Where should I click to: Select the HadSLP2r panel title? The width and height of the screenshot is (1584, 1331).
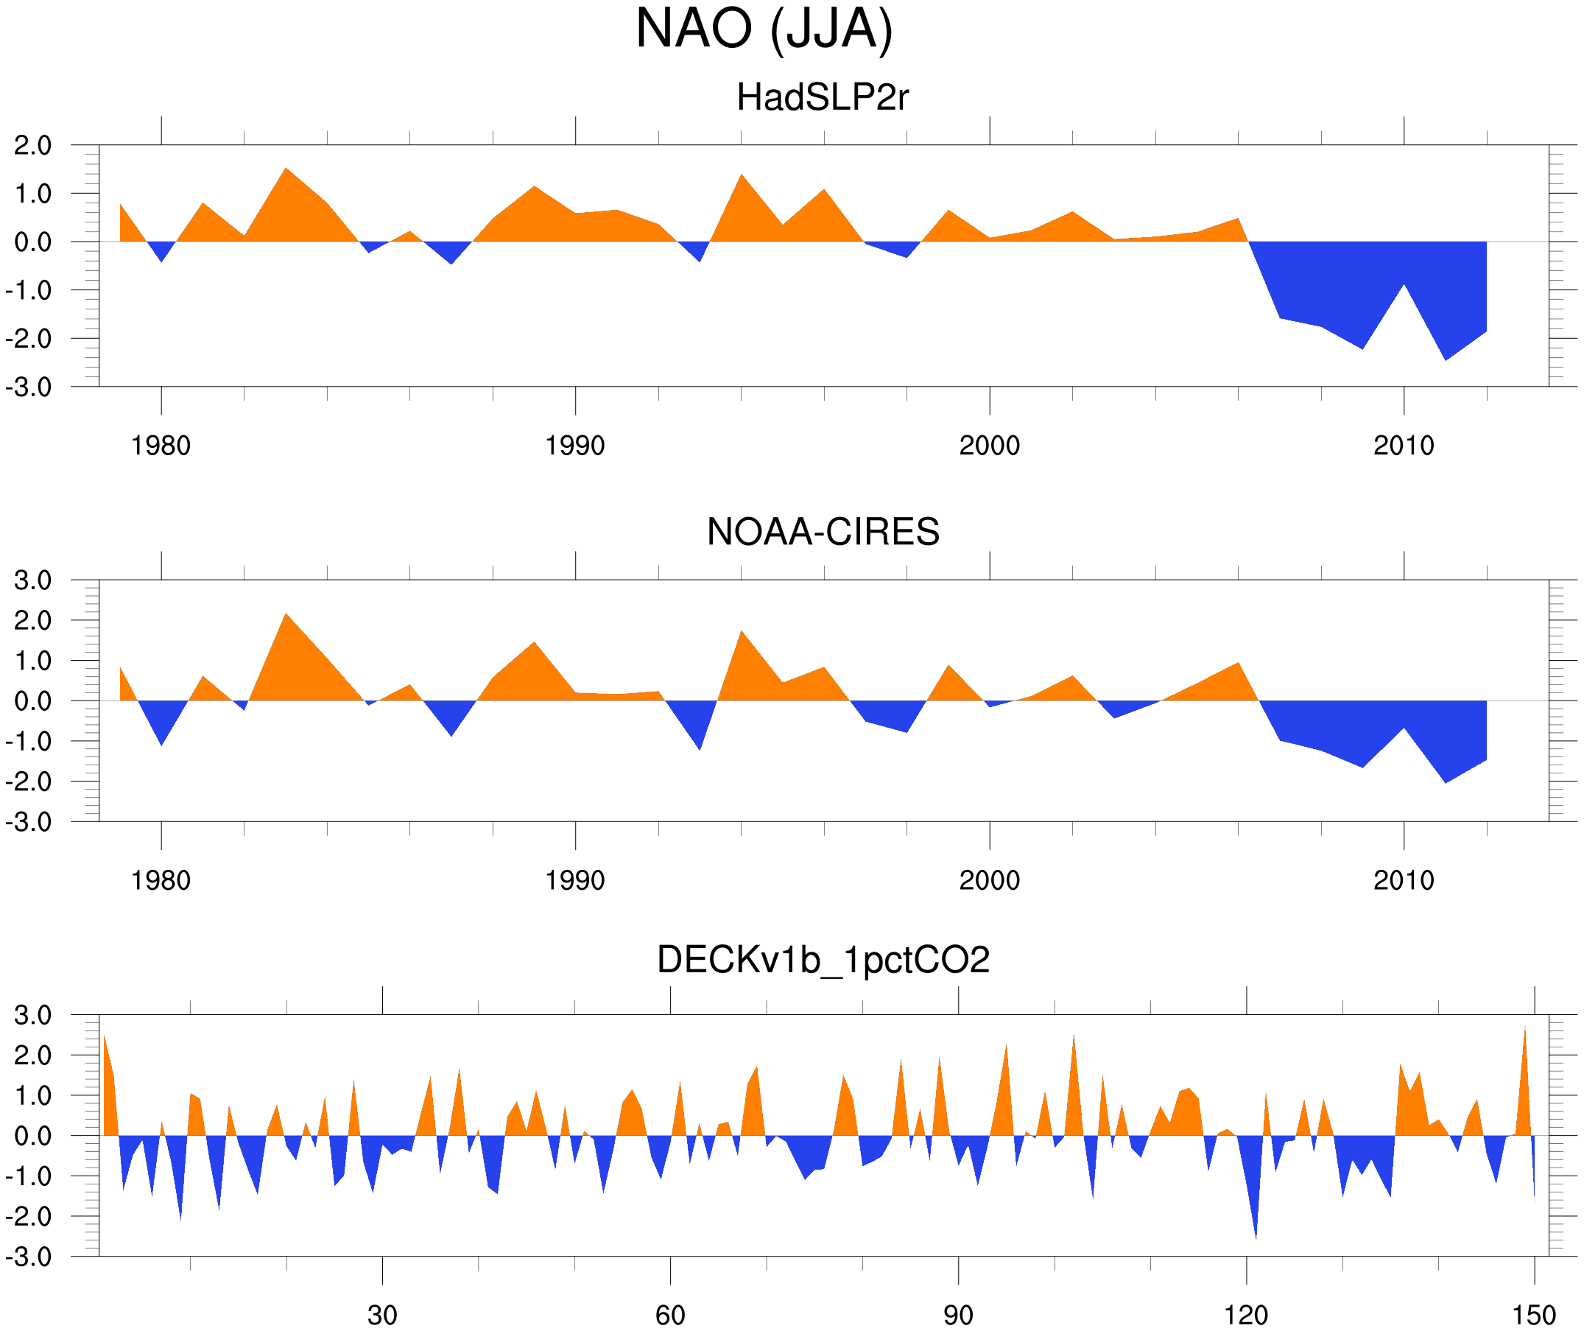click(822, 97)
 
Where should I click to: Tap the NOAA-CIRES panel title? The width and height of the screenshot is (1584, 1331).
click(822, 532)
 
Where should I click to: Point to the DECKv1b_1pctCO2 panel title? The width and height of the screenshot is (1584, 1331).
click(822, 960)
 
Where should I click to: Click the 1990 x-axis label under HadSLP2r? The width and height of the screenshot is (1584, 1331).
click(575, 446)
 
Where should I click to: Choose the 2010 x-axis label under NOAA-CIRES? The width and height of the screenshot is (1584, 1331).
click(1403, 880)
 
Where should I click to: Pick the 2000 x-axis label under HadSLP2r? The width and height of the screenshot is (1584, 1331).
click(989, 446)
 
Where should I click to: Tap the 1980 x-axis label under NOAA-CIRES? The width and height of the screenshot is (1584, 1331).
click(161, 880)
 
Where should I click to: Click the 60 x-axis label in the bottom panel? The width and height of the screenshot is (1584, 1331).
click(670, 1315)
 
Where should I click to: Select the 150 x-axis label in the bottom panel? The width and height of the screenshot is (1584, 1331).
click(1533, 1315)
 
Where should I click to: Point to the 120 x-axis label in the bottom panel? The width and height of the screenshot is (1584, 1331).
click(1245, 1315)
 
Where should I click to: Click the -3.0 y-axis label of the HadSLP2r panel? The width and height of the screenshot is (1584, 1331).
click(29, 388)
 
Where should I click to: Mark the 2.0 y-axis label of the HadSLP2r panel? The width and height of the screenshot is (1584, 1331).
click(32, 146)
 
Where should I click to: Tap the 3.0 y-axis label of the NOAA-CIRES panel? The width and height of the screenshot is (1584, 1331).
click(32, 581)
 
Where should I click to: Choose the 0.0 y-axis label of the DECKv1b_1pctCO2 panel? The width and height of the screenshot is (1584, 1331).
click(32, 1137)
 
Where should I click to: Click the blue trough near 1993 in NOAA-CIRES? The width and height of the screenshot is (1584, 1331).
click(700, 745)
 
